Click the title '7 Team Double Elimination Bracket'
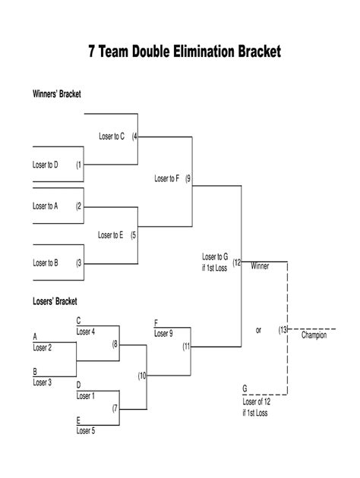(185, 52)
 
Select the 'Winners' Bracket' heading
(57, 94)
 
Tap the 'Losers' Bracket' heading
(55, 301)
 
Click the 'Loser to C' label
(112, 137)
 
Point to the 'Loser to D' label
(45, 165)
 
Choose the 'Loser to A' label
(45, 206)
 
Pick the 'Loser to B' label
(46, 263)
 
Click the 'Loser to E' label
(110, 235)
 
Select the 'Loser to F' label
(166, 178)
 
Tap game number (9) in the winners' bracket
(188, 178)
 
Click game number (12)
(237, 263)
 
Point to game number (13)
(283, 330)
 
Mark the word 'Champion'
(314, 335)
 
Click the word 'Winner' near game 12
(260, 266)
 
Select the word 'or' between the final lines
(258, 330)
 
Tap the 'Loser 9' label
(163, 334)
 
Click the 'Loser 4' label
(86, 332)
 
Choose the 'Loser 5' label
(86, 431)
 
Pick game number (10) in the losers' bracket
(142, 376)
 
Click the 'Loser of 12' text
(257, 402)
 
